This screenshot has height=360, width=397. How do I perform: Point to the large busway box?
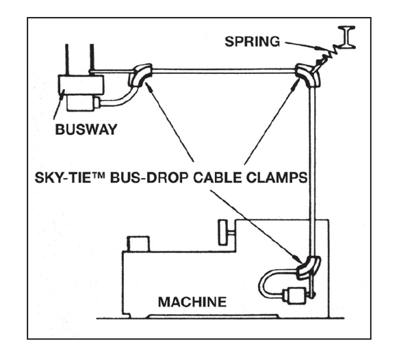tap(81, 84)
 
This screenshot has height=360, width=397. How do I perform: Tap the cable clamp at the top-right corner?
tap(307, 74)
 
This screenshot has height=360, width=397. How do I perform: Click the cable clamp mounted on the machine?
tap(307, 266)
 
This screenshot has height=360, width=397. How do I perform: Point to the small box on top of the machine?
tap(141, 243)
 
